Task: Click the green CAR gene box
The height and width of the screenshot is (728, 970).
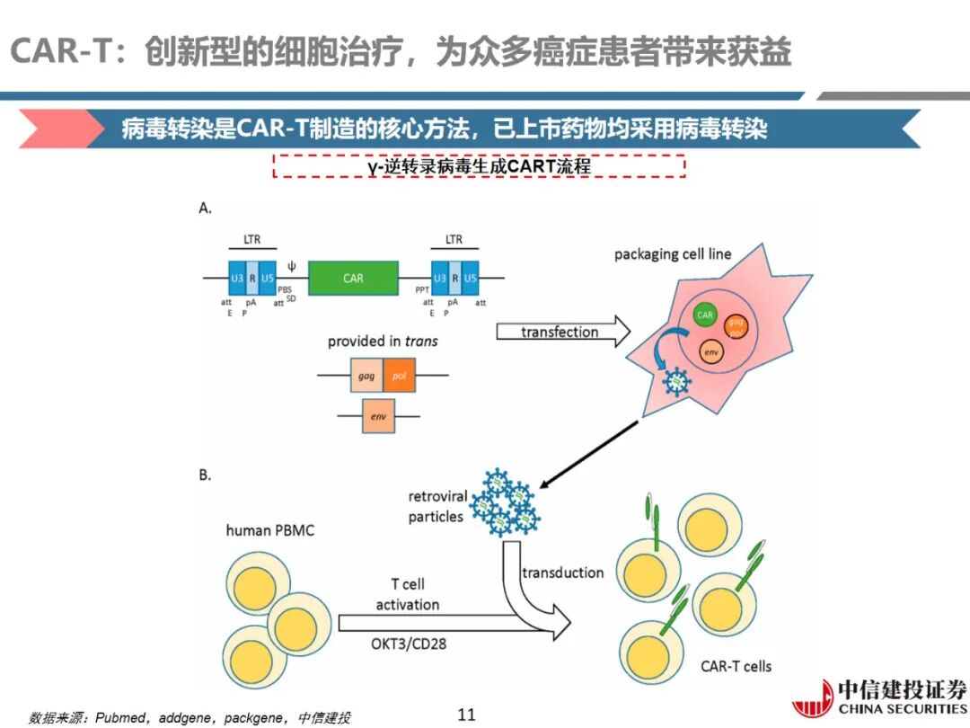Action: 353,279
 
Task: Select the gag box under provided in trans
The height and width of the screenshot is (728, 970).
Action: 366,376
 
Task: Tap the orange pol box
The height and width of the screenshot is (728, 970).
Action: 400,376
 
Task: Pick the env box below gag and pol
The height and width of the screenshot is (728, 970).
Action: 377,416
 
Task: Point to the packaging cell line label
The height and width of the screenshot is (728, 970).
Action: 673,254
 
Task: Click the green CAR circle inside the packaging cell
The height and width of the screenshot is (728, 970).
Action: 705,315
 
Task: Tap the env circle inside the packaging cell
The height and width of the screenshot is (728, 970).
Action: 710,351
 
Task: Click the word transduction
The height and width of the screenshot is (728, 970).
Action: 563,573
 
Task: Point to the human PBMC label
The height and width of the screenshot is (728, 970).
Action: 270,530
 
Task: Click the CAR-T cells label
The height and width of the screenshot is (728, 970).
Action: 736,666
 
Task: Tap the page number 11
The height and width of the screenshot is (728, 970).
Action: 466,715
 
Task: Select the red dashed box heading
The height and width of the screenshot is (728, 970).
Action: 479,166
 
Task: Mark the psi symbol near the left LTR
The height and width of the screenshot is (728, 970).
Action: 291,266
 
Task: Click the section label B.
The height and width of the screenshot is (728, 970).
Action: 205,475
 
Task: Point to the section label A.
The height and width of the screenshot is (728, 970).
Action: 205,208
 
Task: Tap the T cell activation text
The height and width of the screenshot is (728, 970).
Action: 407,594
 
